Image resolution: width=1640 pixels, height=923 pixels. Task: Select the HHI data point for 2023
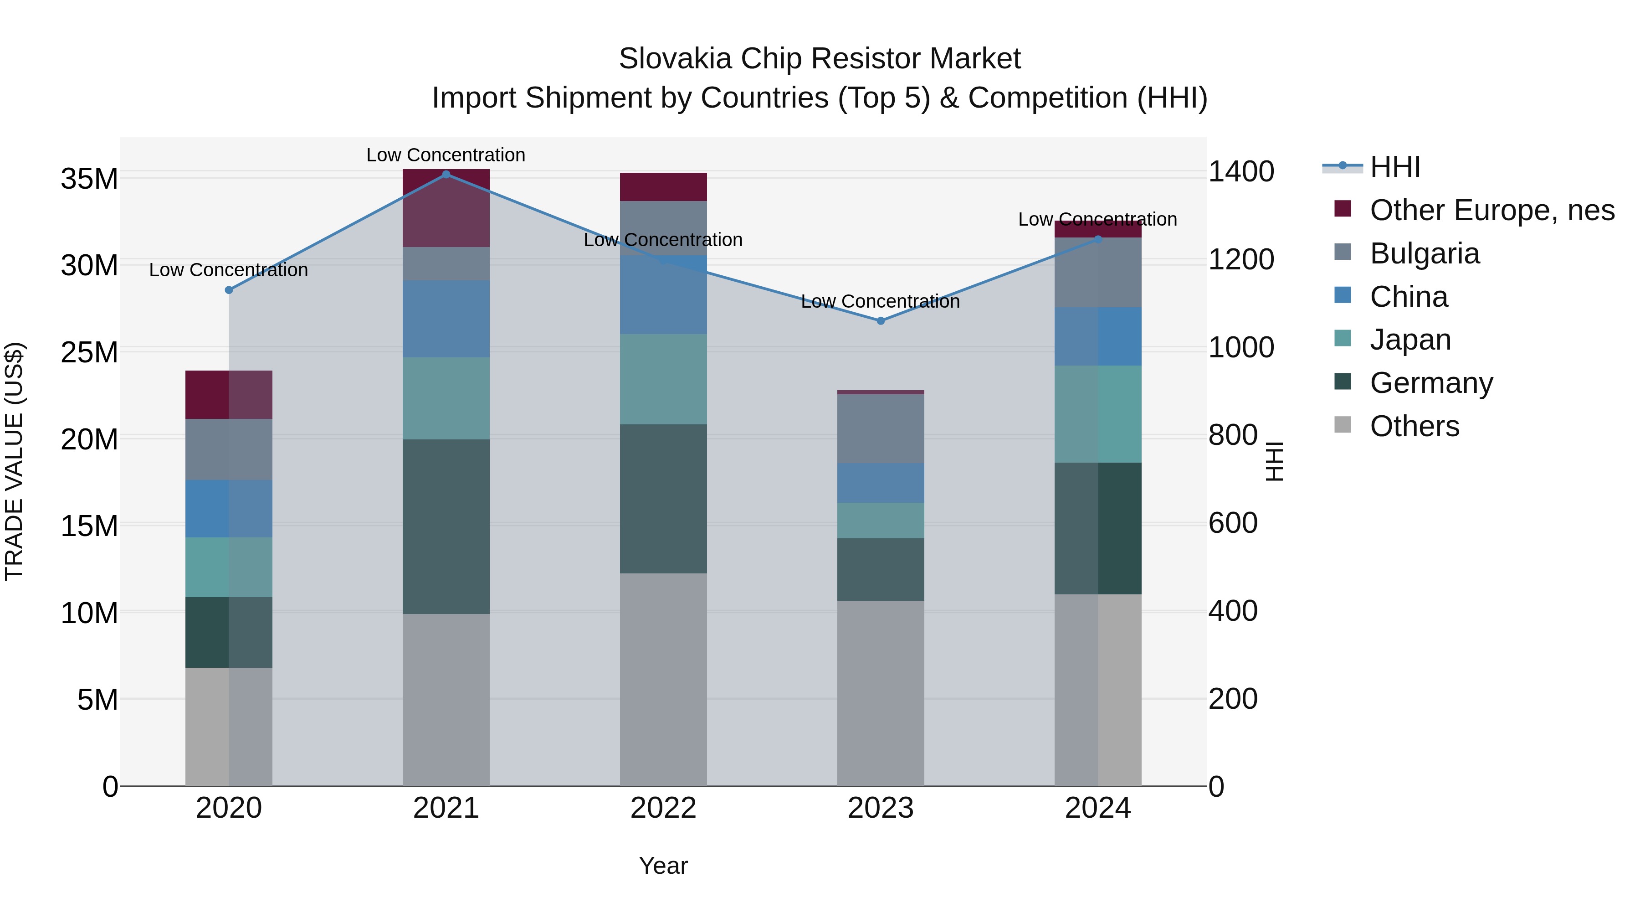tap(881, 321)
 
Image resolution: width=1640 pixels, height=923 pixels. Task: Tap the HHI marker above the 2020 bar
tap(229, 290)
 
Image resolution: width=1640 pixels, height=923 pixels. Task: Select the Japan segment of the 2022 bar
tap(663, 379)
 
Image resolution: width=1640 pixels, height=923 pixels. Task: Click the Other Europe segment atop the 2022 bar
tap(663, 186)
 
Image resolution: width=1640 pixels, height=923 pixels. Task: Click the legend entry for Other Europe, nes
tap(1491, 210)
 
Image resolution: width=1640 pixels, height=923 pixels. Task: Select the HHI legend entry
tap(1394, 167)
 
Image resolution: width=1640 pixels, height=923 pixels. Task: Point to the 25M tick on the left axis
tap(89, 352)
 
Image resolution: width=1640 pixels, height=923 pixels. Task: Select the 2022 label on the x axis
tap(663, 808)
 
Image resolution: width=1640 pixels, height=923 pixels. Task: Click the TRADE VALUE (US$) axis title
tap(14, 461)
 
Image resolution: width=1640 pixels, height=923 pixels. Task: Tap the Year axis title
tap(663, 866)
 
